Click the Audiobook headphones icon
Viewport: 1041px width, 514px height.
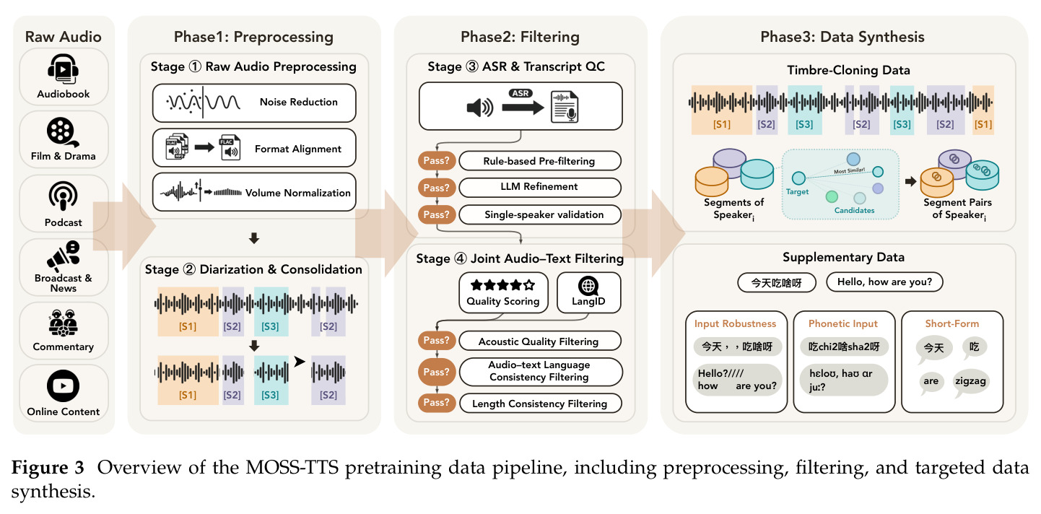pos(64,69)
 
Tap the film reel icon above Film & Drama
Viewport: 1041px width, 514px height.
pos(62,132)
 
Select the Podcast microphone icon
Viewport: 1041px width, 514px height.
pos(64,196)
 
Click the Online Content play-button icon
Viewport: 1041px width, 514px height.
pos(64,385)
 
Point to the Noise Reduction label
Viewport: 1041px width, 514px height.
pos(298,103)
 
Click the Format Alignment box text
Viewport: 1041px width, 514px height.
pos(298,149)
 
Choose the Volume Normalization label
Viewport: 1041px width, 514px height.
pos(298,193)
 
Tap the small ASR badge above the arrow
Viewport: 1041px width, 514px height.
pos(520,93)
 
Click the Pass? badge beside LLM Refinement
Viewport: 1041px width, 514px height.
pos(436,188)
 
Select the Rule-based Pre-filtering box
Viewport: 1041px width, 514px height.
pos(540,161)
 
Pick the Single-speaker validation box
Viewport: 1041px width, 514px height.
pos(540,214)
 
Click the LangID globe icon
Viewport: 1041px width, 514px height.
pos(588,286)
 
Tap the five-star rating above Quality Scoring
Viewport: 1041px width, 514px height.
pos(503,285)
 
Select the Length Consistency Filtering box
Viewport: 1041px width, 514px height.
pos(541,404)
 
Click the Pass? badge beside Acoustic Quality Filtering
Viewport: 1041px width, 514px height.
pos(436,341)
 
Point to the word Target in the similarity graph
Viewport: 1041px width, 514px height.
pos(797,192)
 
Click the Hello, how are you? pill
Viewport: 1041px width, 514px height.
pos(884,282)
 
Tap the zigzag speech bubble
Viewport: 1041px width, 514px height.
pos(970,382)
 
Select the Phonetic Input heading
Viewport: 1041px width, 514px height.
pos(843,324)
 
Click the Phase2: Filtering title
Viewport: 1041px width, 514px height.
pos(520,38)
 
